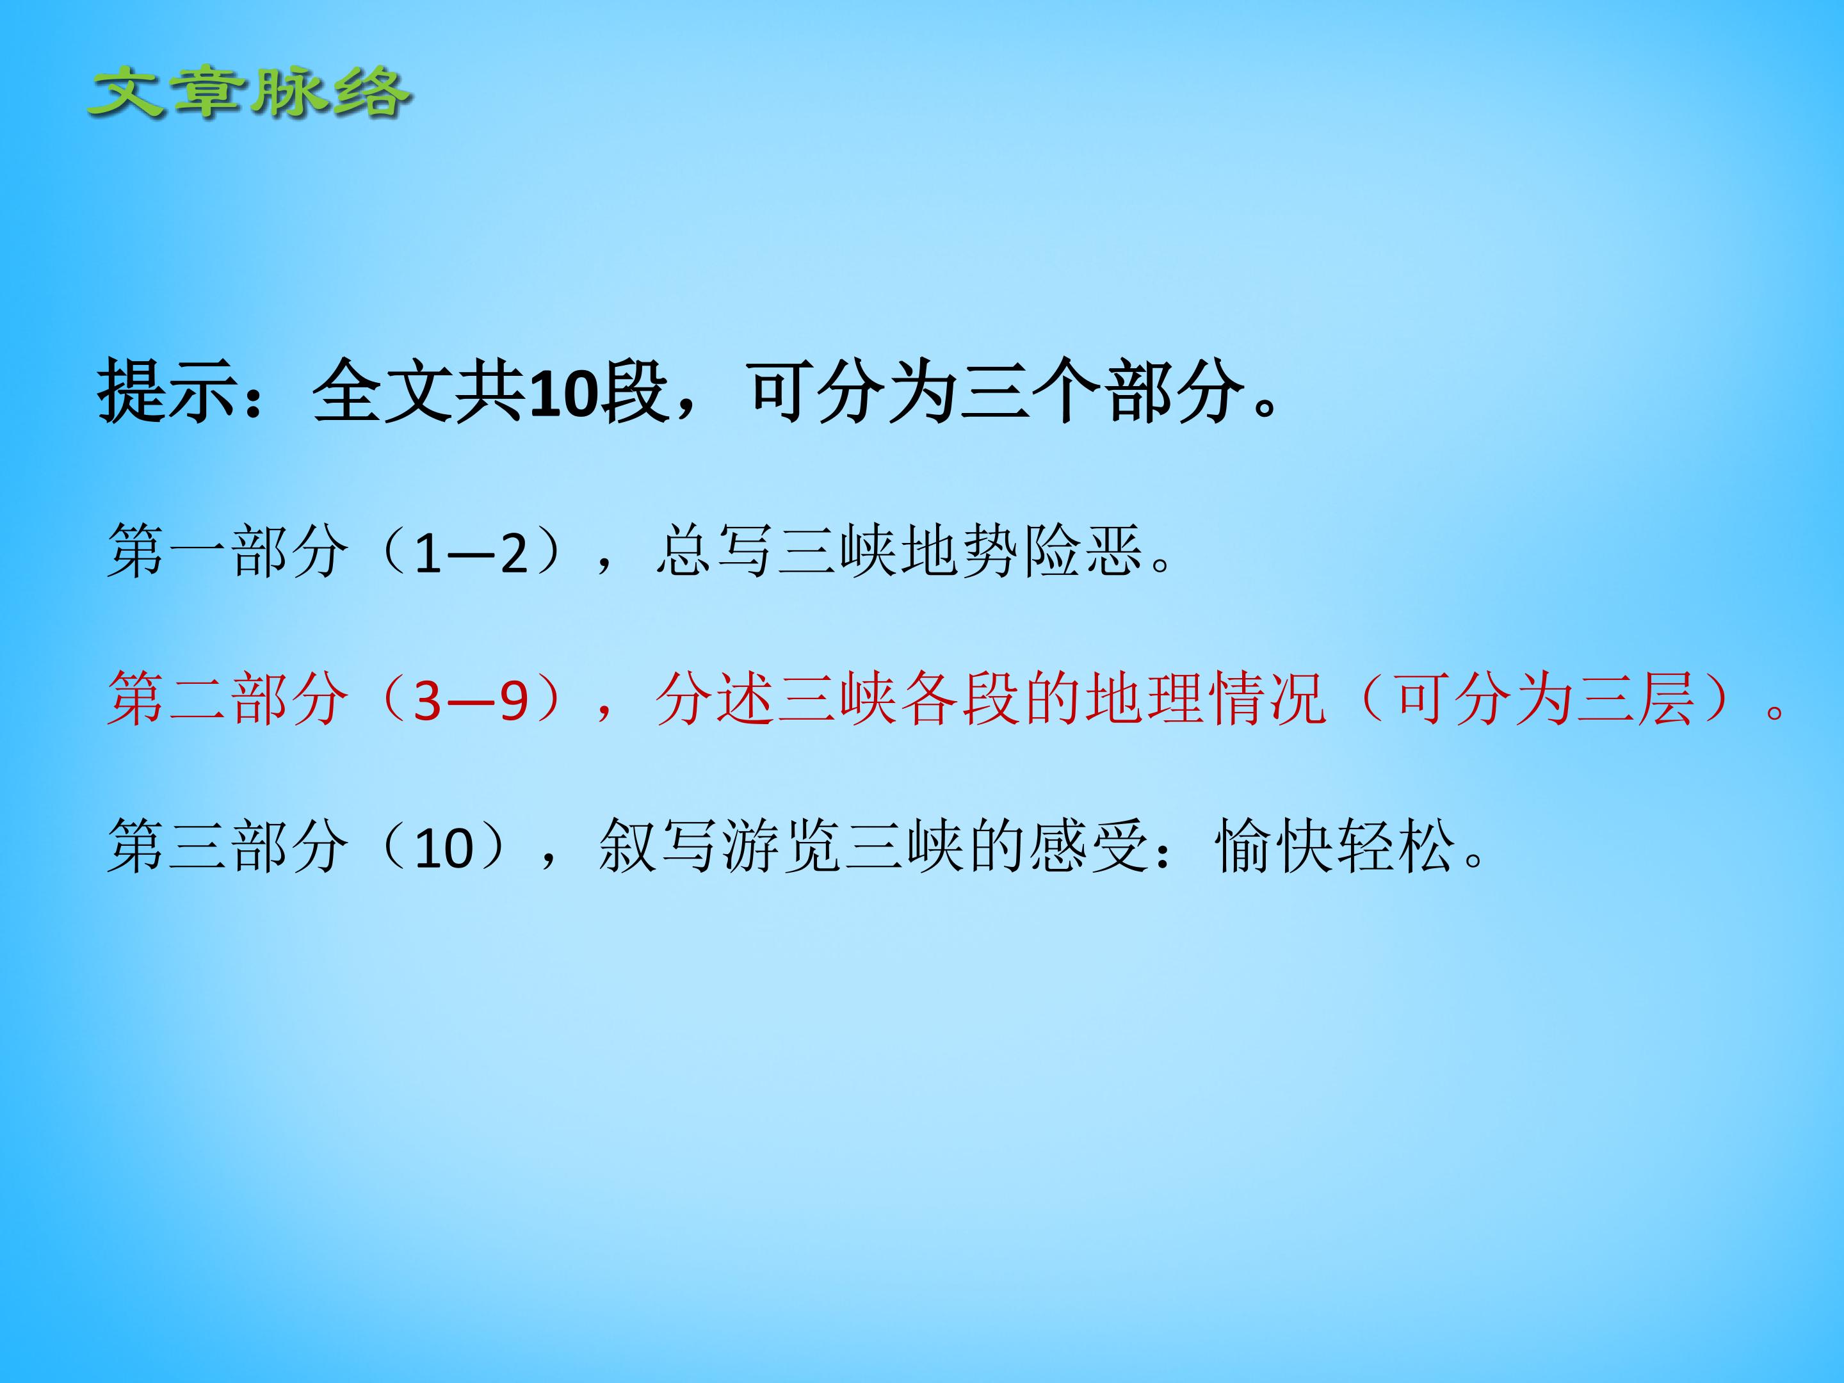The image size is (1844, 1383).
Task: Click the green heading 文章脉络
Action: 248,93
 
